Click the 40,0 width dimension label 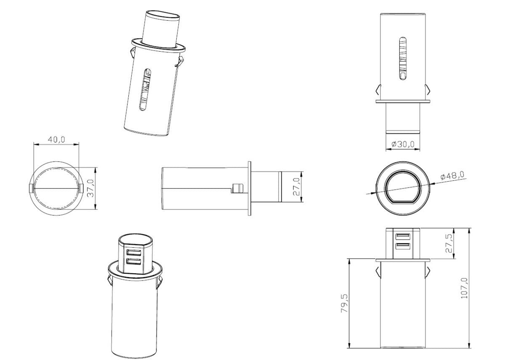pyautogui.click(x=56, y=140)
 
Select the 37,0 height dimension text pyautogui.click(x=90, y=188)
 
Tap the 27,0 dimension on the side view pyautogui.click(x=296, y=187)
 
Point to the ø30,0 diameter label pyautogui.click(x=403, y=144)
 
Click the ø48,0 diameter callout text pyautogui.click(x=452, y=175)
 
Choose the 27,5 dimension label pyautogui.click(x=449, y=243)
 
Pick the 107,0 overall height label pyautogui.click(x=464, y=288)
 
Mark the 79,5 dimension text pyautogui.click(x=344, y=303)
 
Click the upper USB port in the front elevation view pyautogui.click(x=403, y=236)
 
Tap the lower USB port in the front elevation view pyautogui.click(x=403, y=246)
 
